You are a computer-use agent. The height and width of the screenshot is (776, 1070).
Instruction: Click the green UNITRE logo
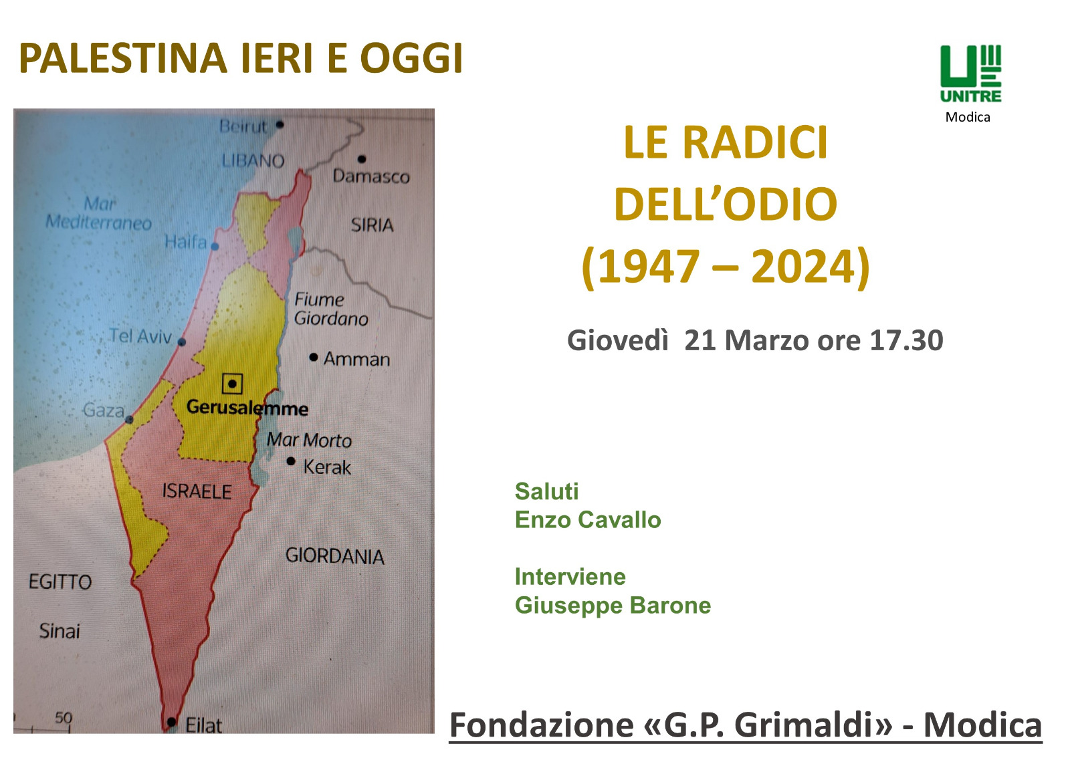[x=970, y=74]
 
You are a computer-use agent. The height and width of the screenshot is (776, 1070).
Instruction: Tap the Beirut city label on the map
[x=243, y=127]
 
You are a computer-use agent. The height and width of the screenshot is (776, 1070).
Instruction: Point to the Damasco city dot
[x=362, y=159]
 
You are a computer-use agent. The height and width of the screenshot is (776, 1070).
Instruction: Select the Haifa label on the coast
[x=186, y=242]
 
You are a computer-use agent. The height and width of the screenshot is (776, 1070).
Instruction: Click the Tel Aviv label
[x=140, y=336]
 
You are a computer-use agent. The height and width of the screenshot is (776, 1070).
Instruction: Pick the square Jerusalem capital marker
[x=232, y=384]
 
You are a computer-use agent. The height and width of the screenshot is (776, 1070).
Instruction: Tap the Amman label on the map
[x=357, y=359]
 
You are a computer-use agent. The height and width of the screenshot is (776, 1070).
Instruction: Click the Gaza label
[x=104, y=410]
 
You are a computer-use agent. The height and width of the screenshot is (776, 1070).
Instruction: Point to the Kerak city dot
[x=291, y=461]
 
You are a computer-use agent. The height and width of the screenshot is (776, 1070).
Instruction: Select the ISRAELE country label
[x=197, y=491]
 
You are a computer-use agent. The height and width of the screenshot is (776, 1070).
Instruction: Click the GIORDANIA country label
[x=335, y=556]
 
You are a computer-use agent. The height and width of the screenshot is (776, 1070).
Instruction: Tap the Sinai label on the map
[x=60, y=632]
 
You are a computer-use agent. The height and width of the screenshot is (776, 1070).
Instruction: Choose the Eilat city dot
[x=172, y=722]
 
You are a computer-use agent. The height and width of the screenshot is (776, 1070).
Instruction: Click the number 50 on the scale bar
[x=64, y=718]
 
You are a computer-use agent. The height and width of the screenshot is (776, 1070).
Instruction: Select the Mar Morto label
[x=309, y=440]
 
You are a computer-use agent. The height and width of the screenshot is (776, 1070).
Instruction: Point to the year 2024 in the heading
[x=803, y=266]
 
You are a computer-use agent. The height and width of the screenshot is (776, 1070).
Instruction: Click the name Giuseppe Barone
[x=613, y=606]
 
